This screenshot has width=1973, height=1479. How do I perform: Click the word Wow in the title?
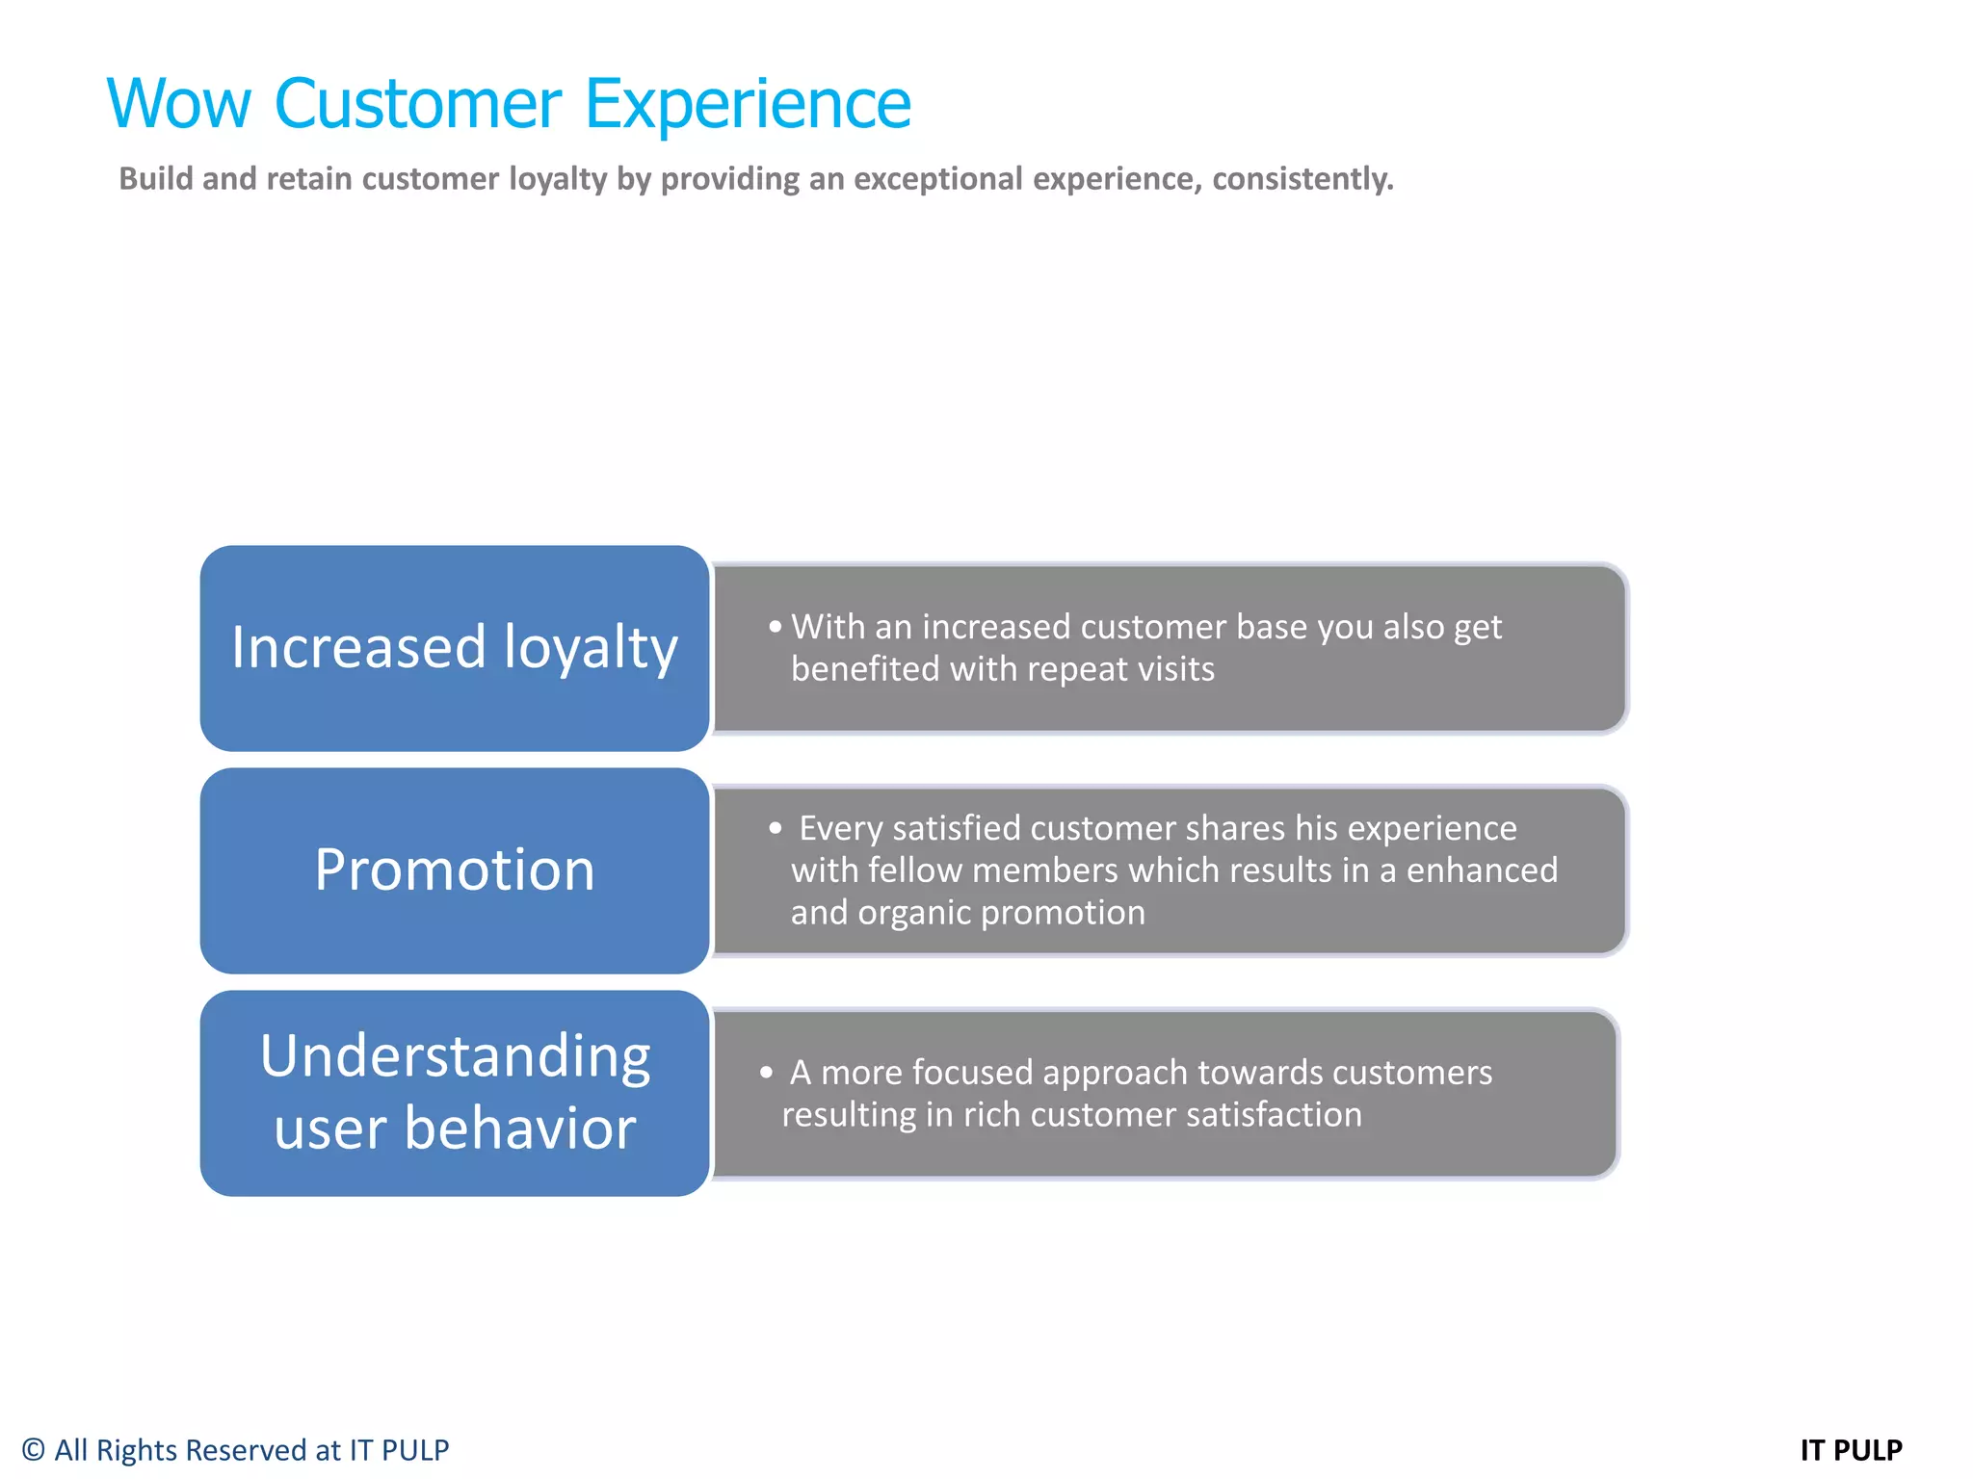click(x=179, y=104)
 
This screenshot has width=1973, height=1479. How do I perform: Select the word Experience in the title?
click(x=748, y=104)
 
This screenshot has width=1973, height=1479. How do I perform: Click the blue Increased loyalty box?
click(x=455, y=648)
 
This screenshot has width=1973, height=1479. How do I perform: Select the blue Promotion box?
click(x=455, y=870)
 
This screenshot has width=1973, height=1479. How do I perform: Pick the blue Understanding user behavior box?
click(x=455, y=1093)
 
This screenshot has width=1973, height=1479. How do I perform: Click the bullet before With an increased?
click(x=776, y=627)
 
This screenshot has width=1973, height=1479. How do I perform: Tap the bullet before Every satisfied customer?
click(x=776, y=828)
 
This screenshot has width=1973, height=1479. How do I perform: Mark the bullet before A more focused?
click(x=766, y=1072)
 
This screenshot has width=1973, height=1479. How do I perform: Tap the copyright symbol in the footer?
click(x=33, y=1450)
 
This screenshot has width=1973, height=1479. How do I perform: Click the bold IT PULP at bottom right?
click(x=1851, y=1450)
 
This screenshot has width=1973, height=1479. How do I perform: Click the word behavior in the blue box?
click(x=519, y=1129)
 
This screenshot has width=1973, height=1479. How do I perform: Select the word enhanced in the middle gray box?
click(x=1482, y=870)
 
